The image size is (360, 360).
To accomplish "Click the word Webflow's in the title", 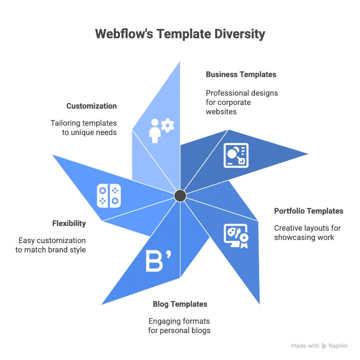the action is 124,34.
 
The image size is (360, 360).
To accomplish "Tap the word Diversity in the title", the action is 240,34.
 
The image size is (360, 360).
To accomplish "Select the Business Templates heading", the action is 241,74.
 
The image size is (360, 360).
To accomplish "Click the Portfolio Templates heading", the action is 309,211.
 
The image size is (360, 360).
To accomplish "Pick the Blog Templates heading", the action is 180,304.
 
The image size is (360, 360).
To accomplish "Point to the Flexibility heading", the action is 69,223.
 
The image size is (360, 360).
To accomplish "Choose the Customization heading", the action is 92,106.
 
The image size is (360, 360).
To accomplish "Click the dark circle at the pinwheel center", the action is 180,196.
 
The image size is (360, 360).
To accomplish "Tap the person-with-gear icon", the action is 161,131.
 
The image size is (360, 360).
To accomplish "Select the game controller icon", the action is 109,196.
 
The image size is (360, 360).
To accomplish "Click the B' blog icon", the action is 158,262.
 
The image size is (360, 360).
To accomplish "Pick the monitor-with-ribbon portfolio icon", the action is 236,236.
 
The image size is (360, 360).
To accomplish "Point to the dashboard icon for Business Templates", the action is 236,156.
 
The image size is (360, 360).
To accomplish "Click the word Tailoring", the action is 66,123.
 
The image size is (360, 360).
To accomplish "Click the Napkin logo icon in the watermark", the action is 324,346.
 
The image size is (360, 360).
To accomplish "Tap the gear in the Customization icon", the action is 168,125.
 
